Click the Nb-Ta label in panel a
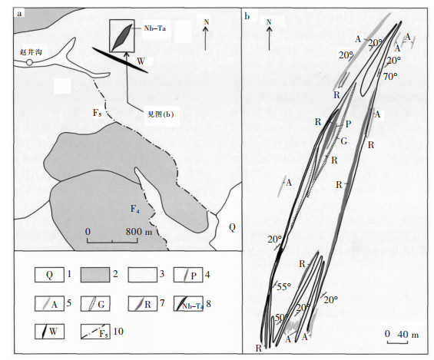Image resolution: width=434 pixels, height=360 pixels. click(154, 28)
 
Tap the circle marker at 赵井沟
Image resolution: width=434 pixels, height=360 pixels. click(29, 62)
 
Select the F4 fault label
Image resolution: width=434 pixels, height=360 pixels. click(134, 209)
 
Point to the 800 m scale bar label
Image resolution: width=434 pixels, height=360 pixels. click(139, 232)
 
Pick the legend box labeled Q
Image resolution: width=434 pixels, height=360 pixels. click(49, 275)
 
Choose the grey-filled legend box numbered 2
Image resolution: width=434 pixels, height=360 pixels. click(95, 275)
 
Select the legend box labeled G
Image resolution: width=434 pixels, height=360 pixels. click(95, 304)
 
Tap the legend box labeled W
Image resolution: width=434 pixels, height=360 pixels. click(49, 332)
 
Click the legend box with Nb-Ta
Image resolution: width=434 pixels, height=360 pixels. click(188, 304)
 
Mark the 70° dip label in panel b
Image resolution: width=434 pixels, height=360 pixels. click(390, 77)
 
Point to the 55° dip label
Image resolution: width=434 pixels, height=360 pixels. click(284, 287)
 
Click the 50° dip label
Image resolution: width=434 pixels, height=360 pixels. click(281, 318)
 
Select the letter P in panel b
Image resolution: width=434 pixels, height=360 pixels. click(348, 124)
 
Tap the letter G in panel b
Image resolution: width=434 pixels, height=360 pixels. click(344, 141)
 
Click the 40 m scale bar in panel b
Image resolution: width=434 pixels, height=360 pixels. click(397, 343)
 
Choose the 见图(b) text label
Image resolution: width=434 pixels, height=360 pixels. click(161, 114)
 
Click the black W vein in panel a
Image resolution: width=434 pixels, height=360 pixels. click(120, 60)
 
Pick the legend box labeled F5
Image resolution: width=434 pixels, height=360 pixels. click(95, 332)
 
